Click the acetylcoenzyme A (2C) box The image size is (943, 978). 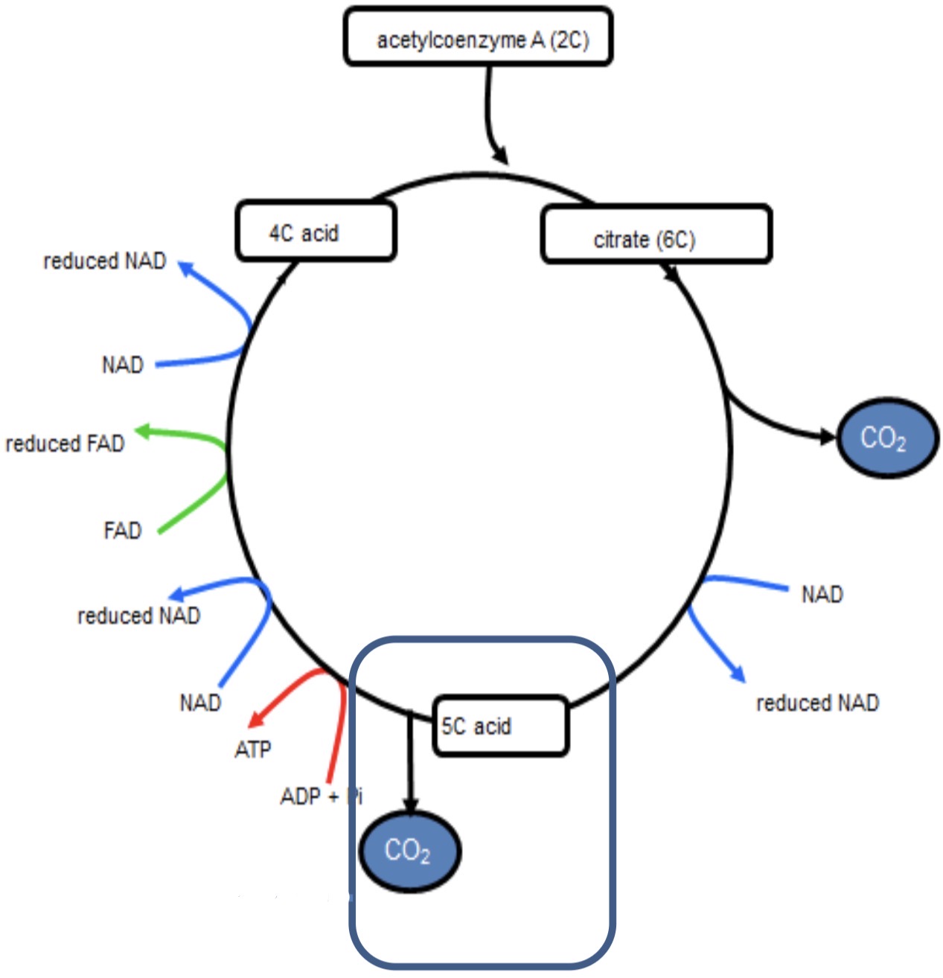point(478,37)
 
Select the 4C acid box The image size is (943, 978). point(316,231)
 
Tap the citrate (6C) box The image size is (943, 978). point(656,234)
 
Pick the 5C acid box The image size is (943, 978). point(500,726)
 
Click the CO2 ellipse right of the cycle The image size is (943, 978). point(887,438)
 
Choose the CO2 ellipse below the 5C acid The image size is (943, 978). point(409,850)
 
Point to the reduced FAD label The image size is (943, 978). point(65,444)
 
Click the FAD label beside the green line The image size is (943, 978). point(122,531)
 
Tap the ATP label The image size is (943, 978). point(253,750)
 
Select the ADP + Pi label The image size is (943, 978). point(321,796)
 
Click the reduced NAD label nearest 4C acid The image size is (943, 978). point(105,261)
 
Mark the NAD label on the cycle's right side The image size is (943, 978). point(822,595)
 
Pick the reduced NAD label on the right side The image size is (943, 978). point(817,703)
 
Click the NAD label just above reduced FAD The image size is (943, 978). point(123,365)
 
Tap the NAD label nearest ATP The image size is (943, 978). point(200,703)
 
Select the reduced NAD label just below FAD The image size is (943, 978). point(139,616)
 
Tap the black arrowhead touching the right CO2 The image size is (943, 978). point(828,437)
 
